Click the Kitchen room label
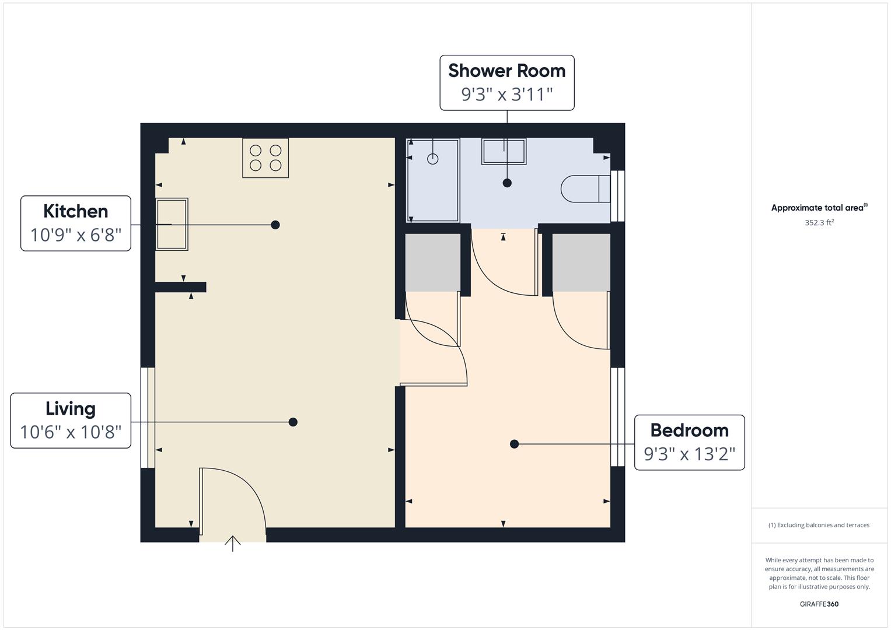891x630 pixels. click(x=75, y=211)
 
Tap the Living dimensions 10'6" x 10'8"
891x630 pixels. click(x=71, y=432)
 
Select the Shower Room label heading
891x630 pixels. click(x=506, y=71)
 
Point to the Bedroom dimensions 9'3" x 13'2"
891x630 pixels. click(x=689, y=454)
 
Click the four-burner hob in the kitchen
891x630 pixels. click(x=265, y=158)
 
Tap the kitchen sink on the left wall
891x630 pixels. click(x=172, y=225)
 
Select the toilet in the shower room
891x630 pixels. click(x=585, y=189)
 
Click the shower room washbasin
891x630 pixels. click(x=504, y=152)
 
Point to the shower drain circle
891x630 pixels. click(x=432, y=159)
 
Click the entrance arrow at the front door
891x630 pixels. click(x=233, y=543)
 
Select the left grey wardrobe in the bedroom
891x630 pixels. click(x=432, y=262)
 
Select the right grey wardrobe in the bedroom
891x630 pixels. click(x=581, y=262)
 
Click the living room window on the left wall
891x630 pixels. click(x=148, y=418)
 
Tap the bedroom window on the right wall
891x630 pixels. click(x=617, y=416)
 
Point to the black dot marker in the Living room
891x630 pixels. click(x=293, y=422)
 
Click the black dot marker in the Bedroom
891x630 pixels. click(x=514, y=444)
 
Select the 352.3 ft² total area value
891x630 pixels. click(x=819, y=223)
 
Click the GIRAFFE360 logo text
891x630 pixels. click(x=819, y=604)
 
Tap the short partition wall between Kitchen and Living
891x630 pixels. click(x=180, y=287)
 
